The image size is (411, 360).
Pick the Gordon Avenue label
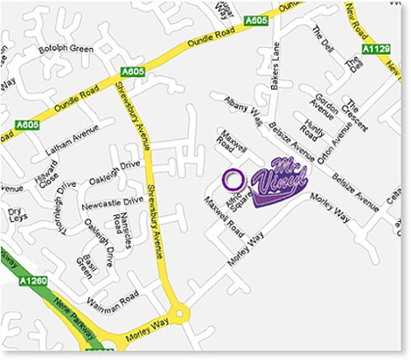coord(325,107)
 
